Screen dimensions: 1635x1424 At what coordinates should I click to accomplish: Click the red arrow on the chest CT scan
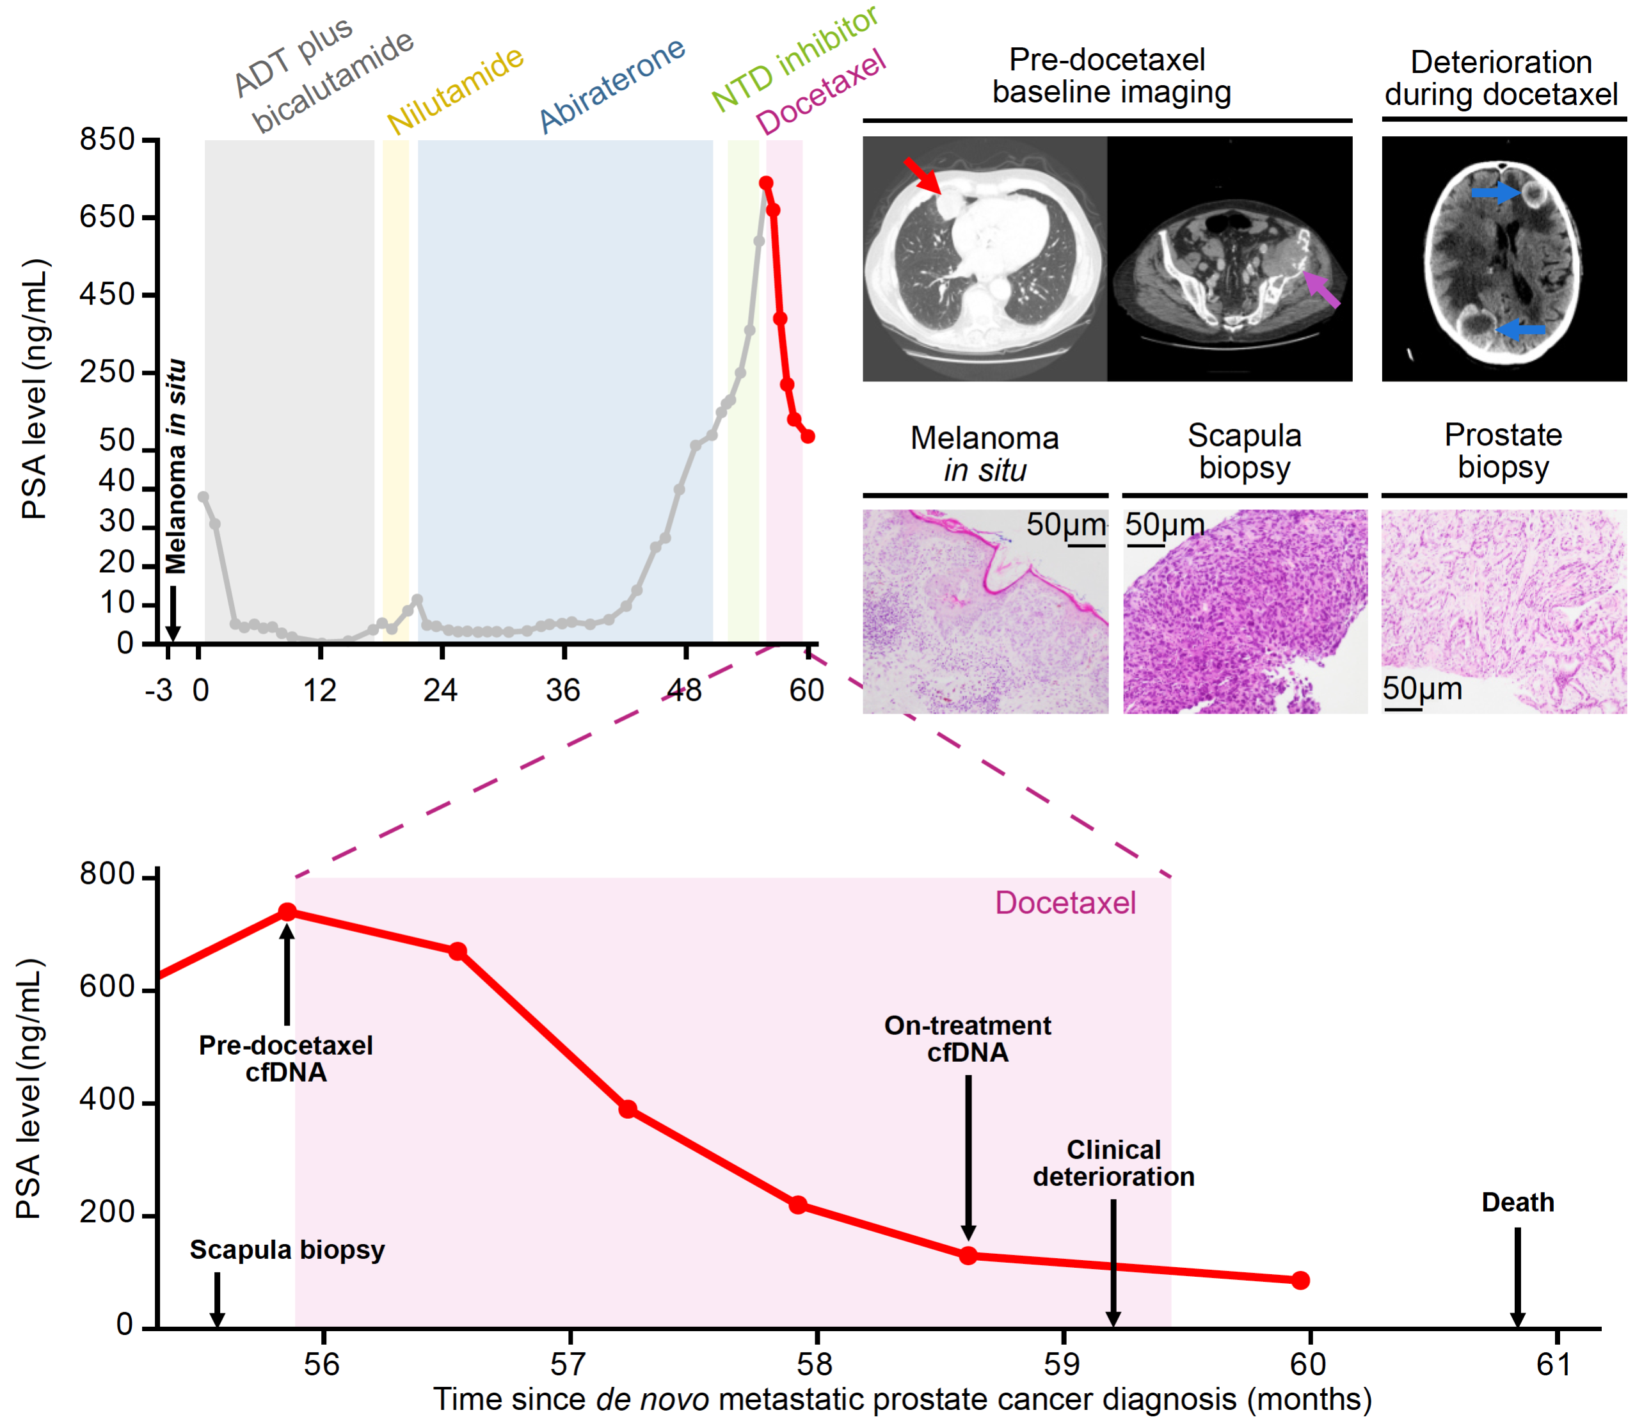coord(921,175)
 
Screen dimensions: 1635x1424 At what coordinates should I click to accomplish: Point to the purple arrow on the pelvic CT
coord(1322,290)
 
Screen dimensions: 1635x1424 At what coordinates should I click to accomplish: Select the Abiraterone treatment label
coord(611,85)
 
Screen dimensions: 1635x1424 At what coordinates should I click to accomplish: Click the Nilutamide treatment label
coord(455,91)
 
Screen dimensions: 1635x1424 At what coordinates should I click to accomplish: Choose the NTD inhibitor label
coord(794,59)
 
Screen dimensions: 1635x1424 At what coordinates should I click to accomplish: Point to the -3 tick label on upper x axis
coord(159,691)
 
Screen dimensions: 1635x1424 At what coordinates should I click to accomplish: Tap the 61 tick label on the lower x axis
coord(1553,1364)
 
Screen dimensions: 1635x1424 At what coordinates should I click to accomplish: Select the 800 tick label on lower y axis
coord(108,874)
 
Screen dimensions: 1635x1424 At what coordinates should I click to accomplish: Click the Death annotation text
coord(1517,1203)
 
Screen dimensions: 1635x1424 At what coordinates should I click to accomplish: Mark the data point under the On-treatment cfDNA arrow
coord(968,1256)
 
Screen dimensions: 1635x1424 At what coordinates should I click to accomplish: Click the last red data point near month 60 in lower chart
coord(1300,1280)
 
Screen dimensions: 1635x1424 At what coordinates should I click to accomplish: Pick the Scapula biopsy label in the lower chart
coord(287,1250)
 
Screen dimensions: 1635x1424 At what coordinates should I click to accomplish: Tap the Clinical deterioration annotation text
coord(1114,1163)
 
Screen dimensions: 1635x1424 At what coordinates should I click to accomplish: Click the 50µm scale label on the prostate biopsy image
coord(1422,688)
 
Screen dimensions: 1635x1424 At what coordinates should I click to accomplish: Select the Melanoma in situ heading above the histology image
coord(985,454)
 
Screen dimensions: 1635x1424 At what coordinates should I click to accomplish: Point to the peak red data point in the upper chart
coord(766,183)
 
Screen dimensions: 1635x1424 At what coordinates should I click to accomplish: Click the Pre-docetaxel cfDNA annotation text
coord(286,1059)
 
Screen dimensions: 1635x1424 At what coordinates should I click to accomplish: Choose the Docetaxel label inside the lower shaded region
coord(1065,902)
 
